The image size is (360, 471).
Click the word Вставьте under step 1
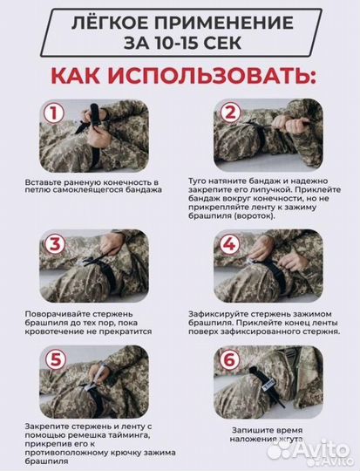point(41,183)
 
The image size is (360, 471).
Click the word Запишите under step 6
point(248,430)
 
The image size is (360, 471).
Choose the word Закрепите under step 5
point(43,426)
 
